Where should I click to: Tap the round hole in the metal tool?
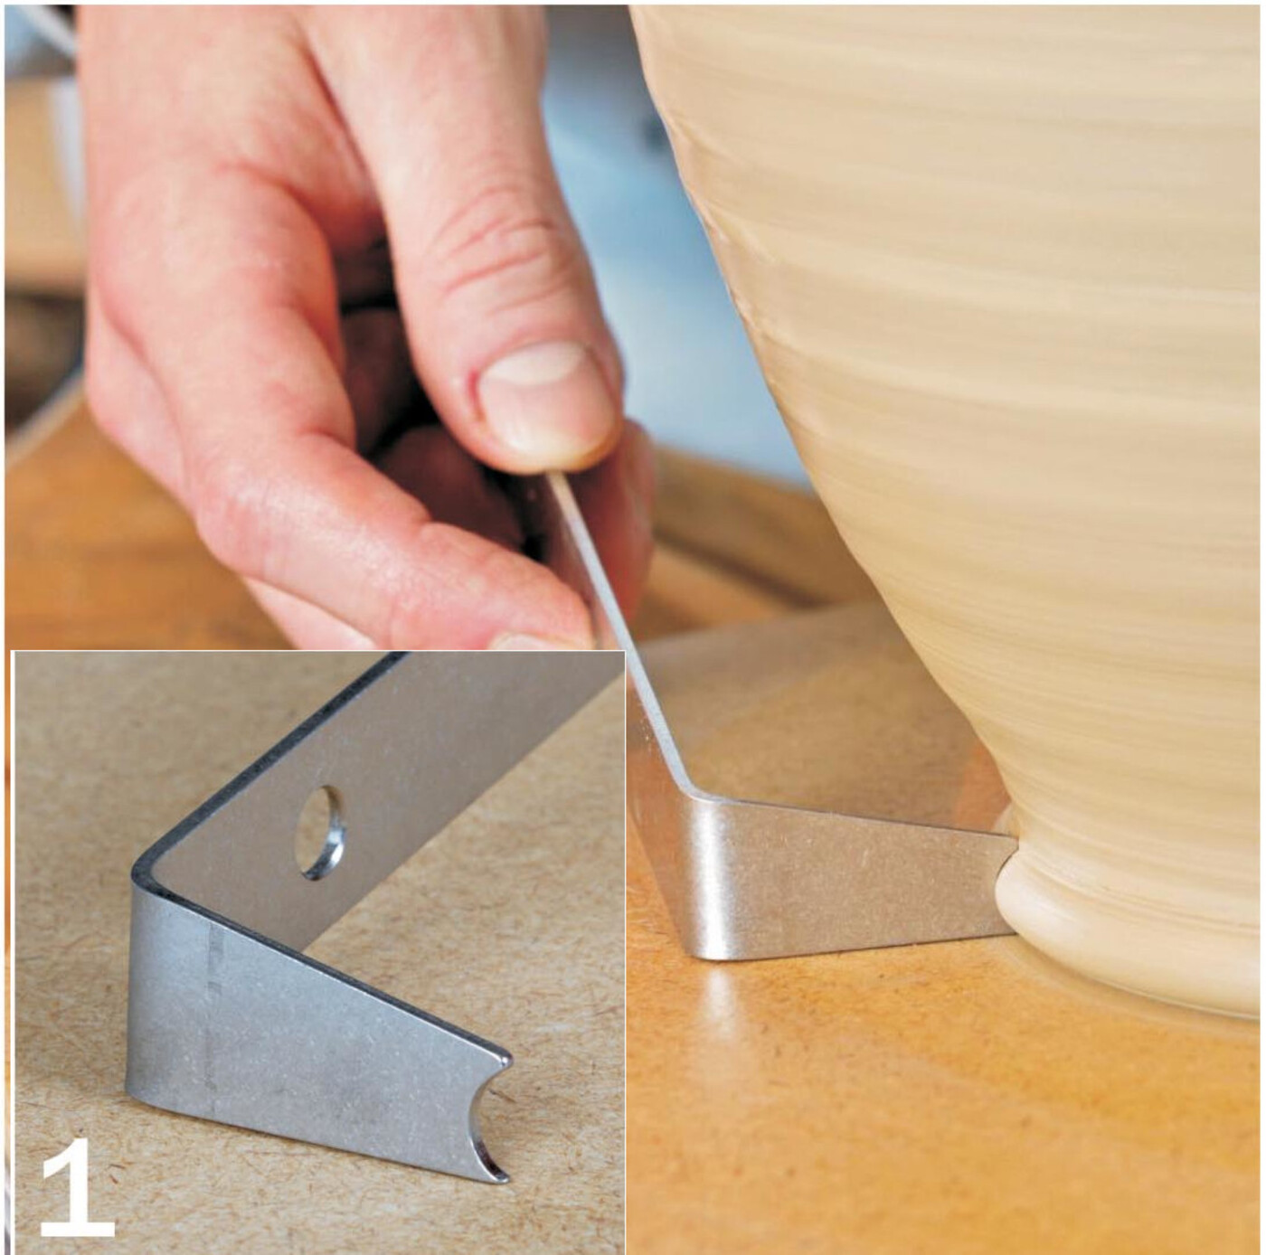[323, 831]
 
